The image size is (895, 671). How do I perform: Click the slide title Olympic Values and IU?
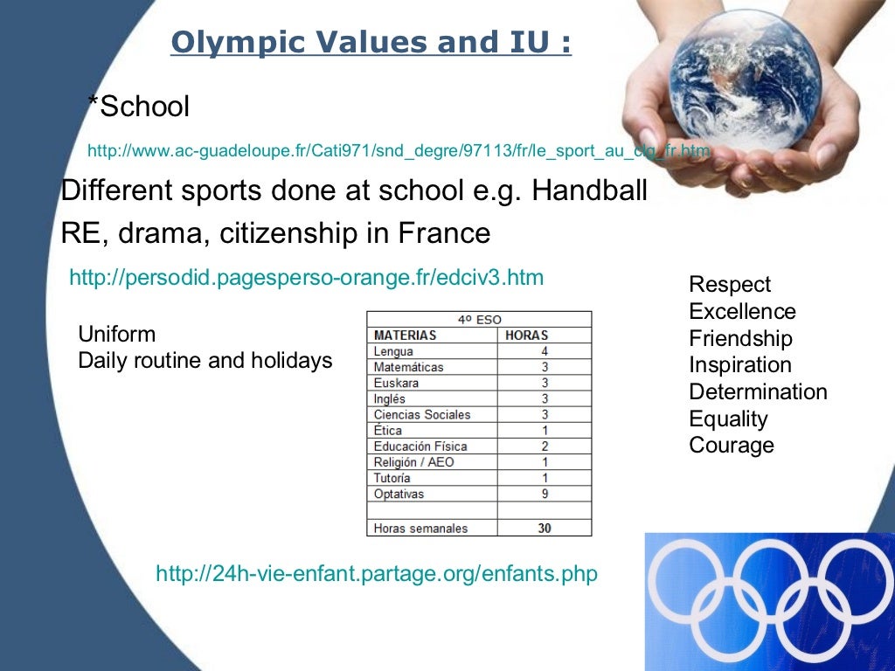pyautogui.click(x=371, y=43)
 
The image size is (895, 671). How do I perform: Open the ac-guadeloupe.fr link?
pyautogui.click(x=399, y=151)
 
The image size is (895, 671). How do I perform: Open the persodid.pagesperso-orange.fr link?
pyautogui.click(x=306, y=278)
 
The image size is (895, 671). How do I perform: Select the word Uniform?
pyautogui.click(x=117, y=335)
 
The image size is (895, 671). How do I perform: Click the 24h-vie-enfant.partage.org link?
pyautogui.click(x=377, y=574)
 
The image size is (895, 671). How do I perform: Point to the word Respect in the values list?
pyautogui.click(x=730, y=285)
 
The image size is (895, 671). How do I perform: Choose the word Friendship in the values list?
pyautogui.click(x=740, y=339)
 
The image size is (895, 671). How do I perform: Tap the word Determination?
pyautogui.click(x=758, y=392)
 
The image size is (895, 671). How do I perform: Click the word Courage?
pyautogui.click(x=732, y=446)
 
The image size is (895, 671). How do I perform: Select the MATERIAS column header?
pyautogui.click(x=405, y=335)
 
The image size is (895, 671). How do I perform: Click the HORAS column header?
pyautogui.click(x=526, y=335)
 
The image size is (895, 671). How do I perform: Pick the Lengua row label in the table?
pyautogui.click(x=393, y=351)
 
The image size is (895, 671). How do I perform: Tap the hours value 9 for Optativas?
pyautogui.click(x=545, y=495)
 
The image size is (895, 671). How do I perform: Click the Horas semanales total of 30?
pyautogui.click(x=545, y=528)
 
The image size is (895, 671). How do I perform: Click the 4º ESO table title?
pyautogui.click(x=479, y=320)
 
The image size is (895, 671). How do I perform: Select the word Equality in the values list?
pyautogui.click(x=728, y=419)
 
